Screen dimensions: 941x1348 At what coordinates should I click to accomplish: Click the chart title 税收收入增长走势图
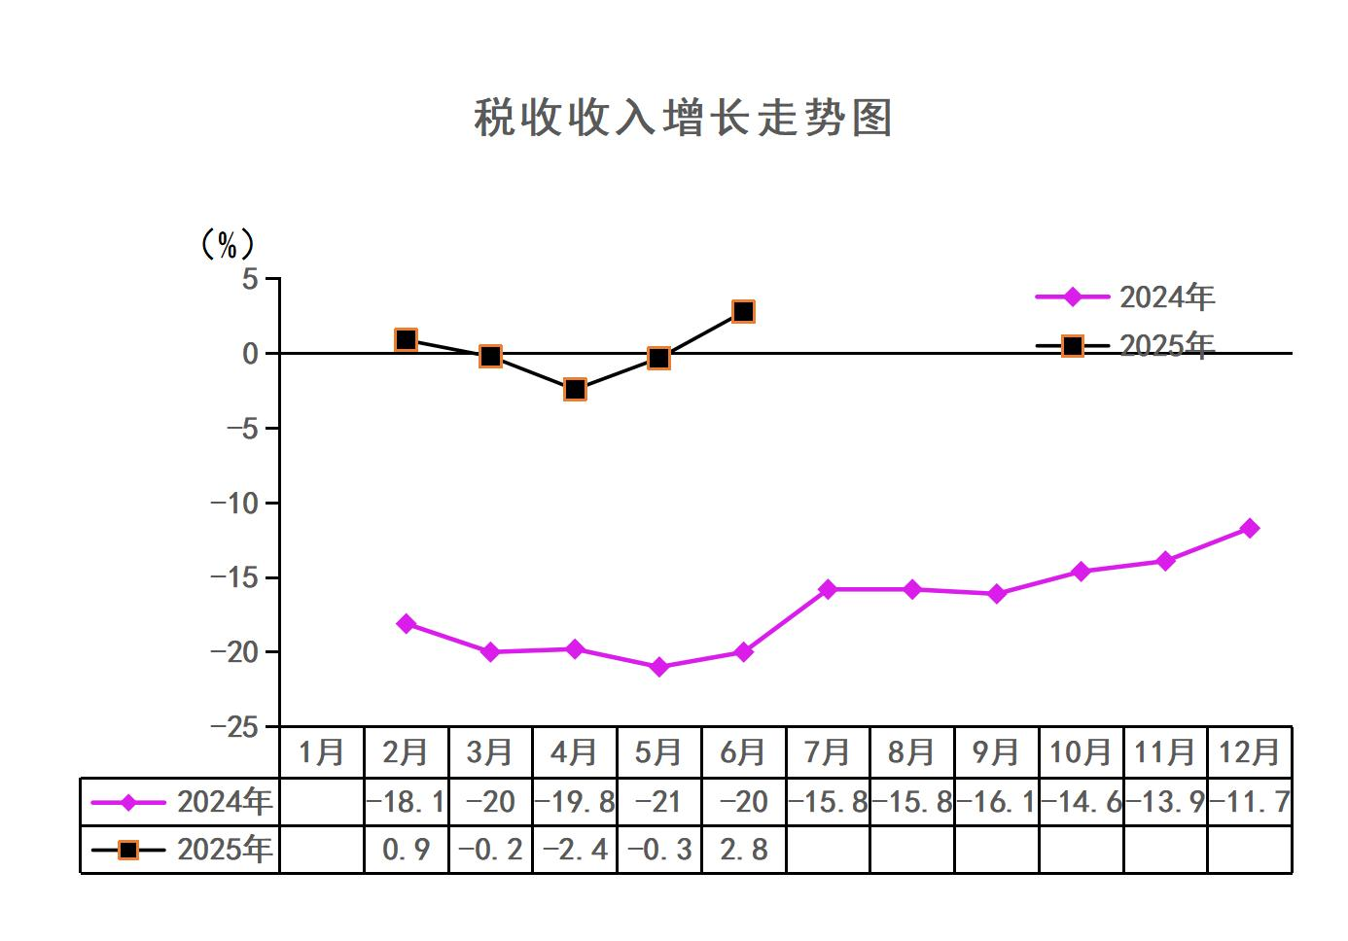683,118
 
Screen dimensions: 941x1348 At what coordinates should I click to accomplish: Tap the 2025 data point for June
743,312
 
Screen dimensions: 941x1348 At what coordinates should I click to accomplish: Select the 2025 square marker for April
575,390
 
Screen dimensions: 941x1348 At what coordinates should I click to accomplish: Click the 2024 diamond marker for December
1250,528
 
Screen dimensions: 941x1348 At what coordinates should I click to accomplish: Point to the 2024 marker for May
659,667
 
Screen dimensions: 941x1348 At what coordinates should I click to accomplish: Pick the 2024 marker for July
828,589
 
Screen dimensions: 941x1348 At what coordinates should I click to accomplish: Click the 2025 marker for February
407,339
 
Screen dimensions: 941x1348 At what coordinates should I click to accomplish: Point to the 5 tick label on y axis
251,280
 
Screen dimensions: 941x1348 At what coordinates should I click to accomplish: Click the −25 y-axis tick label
235,727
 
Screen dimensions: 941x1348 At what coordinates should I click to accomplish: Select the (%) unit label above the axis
227,244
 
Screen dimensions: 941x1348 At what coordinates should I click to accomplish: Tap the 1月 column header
321,752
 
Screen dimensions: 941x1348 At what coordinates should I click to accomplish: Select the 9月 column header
996,752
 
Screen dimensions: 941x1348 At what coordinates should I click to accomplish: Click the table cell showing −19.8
575,802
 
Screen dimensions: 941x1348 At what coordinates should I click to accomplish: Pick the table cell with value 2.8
743,850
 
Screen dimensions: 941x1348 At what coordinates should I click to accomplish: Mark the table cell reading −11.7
1250,802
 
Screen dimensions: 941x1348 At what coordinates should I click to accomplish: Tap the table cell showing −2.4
575,850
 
